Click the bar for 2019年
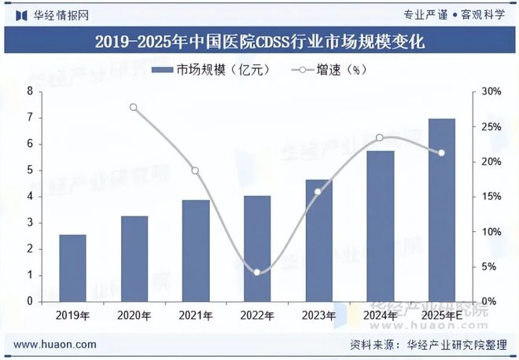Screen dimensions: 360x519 click(73, 268)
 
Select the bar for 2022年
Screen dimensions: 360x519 click(257, 248)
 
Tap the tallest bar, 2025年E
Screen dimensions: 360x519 click(442, 210)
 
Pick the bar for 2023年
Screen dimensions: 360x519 click(318, 241)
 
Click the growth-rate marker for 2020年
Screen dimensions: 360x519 click(134, 108)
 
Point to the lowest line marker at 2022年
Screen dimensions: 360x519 click(257, 272)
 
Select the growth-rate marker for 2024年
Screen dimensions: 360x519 click(380, 138)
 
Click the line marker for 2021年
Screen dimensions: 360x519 click(195, 171)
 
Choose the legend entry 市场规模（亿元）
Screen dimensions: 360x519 click(212, 70)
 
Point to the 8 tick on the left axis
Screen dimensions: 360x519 click(30, 92)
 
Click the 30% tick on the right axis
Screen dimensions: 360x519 click(491, 92)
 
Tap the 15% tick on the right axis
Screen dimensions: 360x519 click(491, 197)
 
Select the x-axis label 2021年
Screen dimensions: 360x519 click(195, 315)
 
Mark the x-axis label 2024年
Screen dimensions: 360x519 click(380, 315)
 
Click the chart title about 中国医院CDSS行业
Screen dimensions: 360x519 click(259, 42)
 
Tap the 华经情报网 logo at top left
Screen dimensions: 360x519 click(52, 14)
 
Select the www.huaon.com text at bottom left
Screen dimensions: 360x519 click(56, 344)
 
